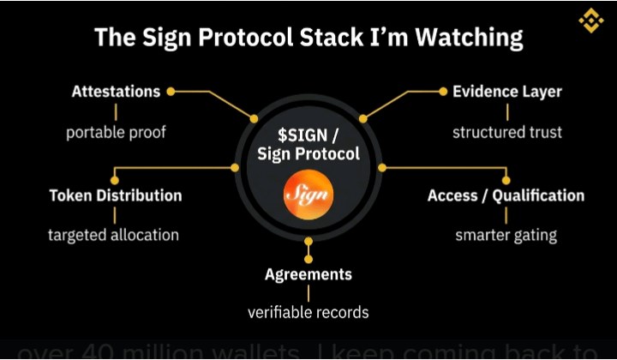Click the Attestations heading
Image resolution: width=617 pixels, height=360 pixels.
click(x=116, y=91)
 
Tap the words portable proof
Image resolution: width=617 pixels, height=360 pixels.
click(x=116, y=133)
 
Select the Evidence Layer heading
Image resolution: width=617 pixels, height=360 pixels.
click(x=506, y=91)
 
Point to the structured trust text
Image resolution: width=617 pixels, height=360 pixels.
click(x=507, y=133)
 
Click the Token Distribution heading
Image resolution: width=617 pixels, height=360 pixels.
click(x=116, y=195)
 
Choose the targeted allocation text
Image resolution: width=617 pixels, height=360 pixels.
click(x=114, y=235)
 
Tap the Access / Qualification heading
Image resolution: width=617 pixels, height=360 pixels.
click(x=506, y=195)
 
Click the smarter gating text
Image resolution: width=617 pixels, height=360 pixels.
click(x=506, y=235)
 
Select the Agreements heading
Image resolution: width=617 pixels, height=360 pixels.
click(x=308, y=274)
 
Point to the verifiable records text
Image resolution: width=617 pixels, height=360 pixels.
click(x=308, y=312)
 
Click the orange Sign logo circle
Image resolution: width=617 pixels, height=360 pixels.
click(x=308, y=195)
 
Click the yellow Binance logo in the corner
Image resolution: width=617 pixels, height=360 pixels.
click(x=590, y=20)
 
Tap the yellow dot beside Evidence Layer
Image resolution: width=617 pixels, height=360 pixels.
click(x=443, y=91)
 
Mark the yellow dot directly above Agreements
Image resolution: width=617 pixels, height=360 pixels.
click(x=308, y=257)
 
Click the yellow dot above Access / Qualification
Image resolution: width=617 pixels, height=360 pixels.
click(x=506, y=180)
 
